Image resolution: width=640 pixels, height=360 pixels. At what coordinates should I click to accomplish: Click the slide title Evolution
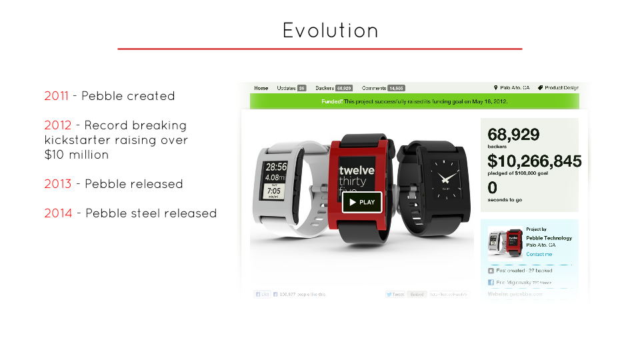(330, 31)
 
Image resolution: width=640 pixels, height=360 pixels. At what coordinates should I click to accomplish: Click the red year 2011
(56, 96)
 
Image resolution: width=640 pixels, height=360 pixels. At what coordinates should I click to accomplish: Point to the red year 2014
(58, 213)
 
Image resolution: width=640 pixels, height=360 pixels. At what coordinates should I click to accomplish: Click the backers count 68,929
(513, 134)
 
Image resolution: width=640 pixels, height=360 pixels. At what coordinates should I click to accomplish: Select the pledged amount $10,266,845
(534, 161)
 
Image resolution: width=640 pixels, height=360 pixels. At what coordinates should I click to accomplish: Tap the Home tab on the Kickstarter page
(261, 88)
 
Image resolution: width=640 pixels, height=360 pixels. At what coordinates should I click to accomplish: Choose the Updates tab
(287, 88)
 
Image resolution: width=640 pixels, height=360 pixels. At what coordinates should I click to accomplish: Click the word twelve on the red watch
(357, 171)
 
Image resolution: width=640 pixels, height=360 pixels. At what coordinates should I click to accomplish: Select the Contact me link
(539, 254)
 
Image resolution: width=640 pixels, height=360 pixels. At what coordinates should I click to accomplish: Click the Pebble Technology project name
(549, 238)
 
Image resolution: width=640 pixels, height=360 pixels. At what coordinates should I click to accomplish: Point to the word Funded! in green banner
(331, 101)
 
